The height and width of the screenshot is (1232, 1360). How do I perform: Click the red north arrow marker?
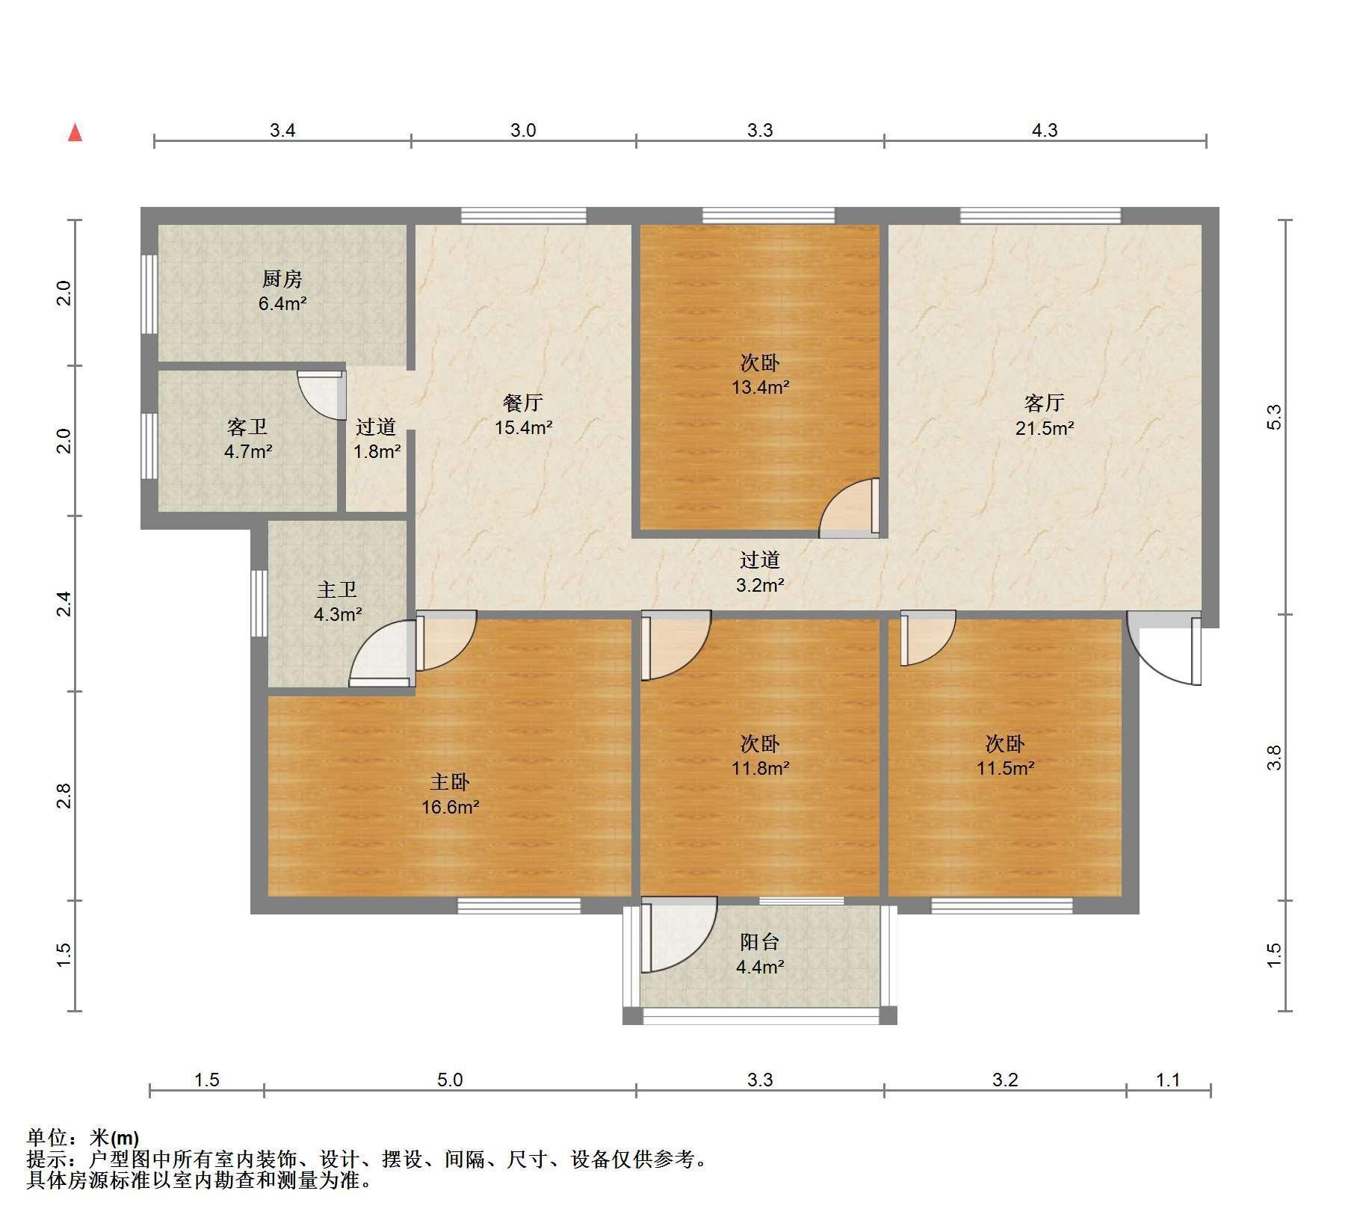pos(75,132)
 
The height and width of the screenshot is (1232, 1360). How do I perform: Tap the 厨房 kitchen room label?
pos(282,279)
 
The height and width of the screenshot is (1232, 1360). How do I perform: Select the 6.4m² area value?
pos(282,303)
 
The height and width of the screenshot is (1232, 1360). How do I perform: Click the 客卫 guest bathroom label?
pos(247,427)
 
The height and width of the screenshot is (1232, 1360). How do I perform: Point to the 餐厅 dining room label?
pos(523,403)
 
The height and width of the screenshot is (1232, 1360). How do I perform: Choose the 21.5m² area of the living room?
pos(1045,428)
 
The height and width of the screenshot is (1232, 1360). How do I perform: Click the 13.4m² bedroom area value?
pos(760,387)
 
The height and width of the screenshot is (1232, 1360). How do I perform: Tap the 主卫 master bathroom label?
pos(337,590)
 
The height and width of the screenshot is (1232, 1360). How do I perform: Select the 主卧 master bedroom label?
pos(450,782)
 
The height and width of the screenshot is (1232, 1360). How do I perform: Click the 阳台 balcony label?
pos(760,942)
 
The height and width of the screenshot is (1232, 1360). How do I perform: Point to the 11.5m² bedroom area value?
pos(1005,768)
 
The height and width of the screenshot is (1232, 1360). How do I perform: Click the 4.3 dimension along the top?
pos(1045,131)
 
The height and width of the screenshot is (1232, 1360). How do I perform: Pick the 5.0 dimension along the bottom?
pos(450,1080)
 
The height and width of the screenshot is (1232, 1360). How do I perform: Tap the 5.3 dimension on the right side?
pos(1275,417)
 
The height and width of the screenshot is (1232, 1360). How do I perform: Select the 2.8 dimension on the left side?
pos(64,796)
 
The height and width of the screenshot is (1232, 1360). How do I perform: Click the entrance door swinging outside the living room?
pos(1164,648)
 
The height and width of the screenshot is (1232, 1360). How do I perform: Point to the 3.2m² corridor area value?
pos(760,585)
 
